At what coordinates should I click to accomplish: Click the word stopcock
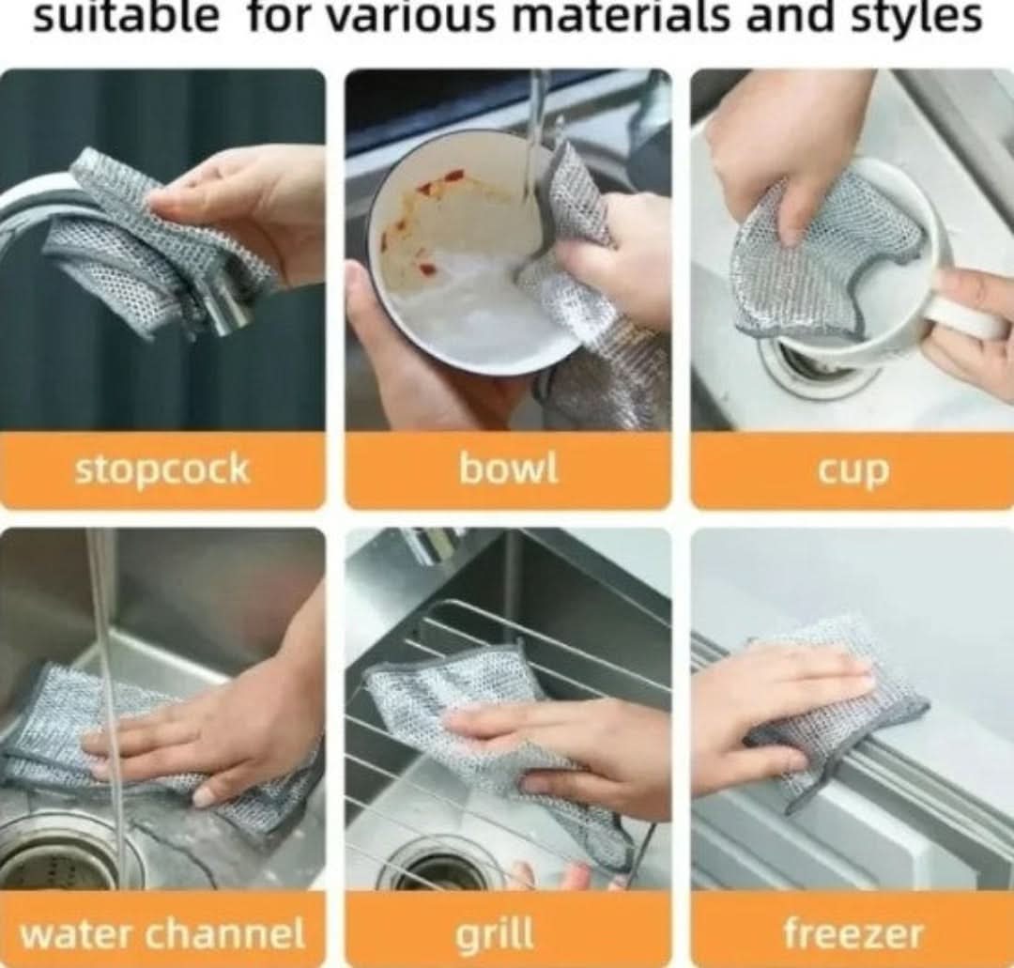tap(161, 469)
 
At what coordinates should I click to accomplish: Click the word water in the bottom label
tap(79, 933)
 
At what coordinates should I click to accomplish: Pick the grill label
tap(496, 934)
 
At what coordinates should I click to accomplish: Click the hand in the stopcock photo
tap(253, 207)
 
